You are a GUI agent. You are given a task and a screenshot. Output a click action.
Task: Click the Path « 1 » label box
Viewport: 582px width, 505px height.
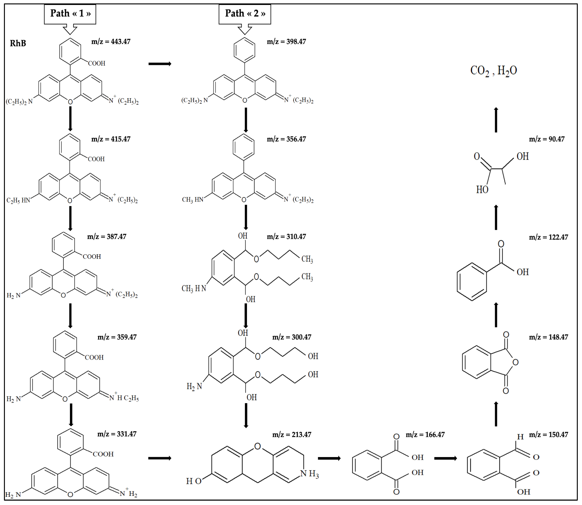70,13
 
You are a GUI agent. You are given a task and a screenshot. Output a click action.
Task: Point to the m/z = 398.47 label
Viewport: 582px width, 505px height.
286,42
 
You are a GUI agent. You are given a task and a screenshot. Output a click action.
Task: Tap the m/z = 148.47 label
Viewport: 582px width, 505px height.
548,337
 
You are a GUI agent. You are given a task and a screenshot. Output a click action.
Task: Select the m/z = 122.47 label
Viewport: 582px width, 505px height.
548,237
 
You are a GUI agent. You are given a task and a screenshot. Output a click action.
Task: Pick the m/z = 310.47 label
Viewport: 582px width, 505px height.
286,237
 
